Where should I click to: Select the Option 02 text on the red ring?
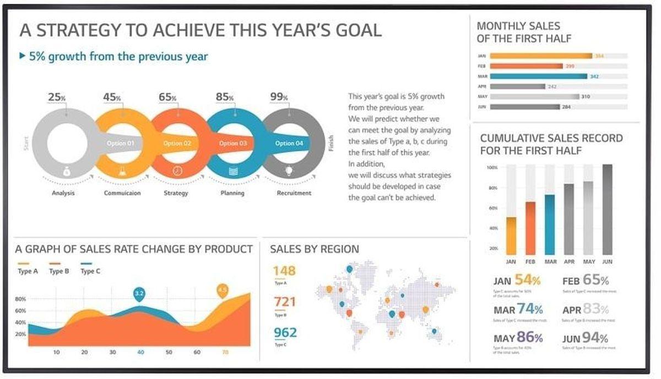(x=177, y=144)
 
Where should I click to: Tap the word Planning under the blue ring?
(x=232, y=193)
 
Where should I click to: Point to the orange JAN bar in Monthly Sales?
(x=540, y=56)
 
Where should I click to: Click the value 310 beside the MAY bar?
(x=586, y=97)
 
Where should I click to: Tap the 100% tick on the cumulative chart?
(x=492, y=167)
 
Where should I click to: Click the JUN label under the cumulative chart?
(x=607, y=262)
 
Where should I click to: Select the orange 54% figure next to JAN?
(x=527, y=280)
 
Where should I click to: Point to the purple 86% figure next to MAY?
(x=529, y=337)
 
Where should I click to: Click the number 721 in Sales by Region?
(x=284, y=301)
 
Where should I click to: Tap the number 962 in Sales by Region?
(x=285, y=333)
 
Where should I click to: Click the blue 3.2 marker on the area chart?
(x=139, y=294)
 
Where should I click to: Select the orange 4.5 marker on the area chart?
(x=223, y=290)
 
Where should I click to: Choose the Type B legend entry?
(x=56, y=271)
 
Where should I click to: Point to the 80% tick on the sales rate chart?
(x=20, y=299)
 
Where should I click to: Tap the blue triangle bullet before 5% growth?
(x=22, y=56)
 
